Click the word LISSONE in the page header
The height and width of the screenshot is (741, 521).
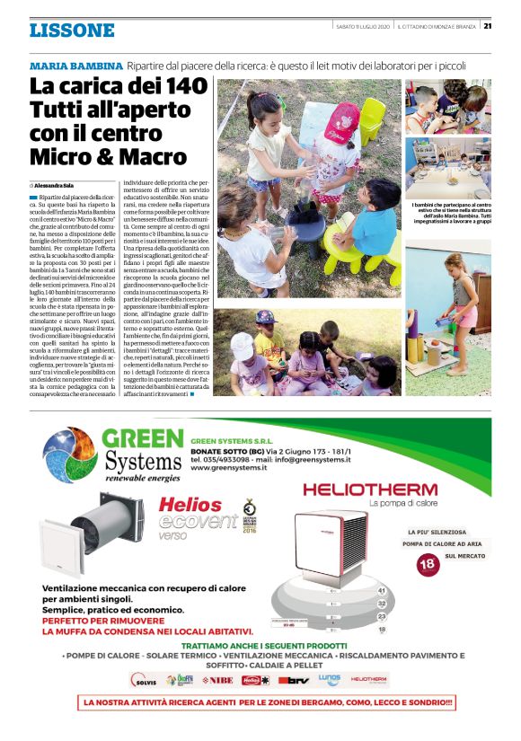72,31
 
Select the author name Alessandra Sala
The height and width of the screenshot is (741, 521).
59,184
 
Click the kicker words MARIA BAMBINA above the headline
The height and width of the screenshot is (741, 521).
75,66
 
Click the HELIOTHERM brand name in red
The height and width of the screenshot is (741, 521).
369,490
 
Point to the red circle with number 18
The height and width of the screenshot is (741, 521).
428,564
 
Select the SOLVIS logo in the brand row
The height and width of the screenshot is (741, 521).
146,680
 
